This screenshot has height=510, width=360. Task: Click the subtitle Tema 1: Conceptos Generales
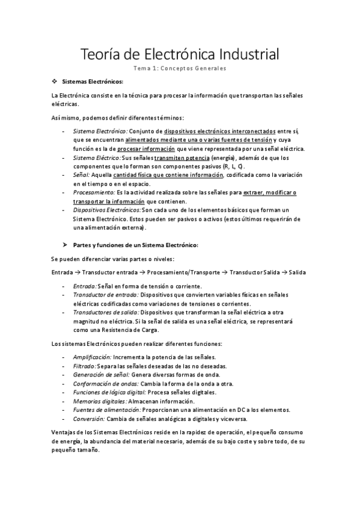click(180, 69)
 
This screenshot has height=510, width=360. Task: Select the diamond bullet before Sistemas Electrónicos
click(55, 81)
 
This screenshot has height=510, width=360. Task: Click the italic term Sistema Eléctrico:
click(97, 158)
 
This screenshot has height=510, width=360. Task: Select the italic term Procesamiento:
click(94, 192)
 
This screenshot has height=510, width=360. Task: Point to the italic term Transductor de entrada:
click(105, 295)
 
